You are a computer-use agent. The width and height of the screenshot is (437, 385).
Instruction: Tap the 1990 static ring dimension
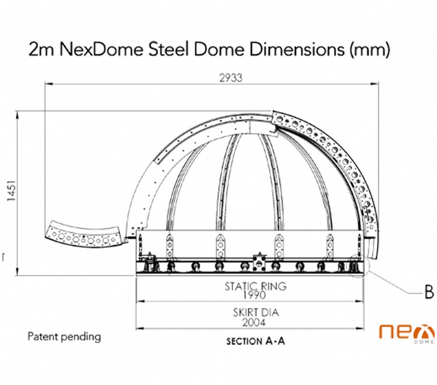[252, 295]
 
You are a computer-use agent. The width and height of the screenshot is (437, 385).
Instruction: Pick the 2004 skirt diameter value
[252, 322]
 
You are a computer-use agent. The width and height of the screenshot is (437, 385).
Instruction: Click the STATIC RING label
[252, 286]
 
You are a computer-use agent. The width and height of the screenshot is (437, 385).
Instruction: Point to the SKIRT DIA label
[252, 313]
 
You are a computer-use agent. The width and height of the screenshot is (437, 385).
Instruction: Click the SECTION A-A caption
[256, 342]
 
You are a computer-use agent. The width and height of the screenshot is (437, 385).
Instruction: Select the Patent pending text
[64, 337]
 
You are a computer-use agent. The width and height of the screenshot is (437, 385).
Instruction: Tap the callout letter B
[429, 292]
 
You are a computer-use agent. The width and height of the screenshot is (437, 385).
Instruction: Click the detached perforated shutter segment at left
[87, 232]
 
